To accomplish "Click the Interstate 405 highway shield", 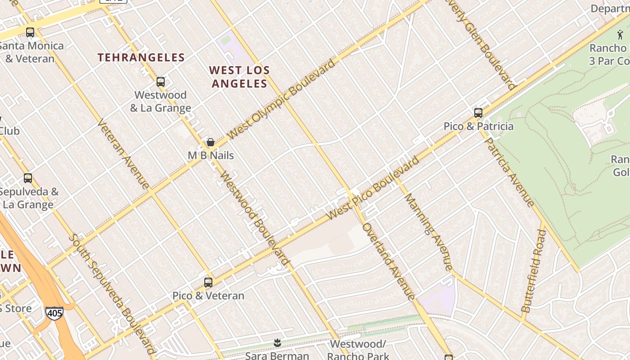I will coord(54,313).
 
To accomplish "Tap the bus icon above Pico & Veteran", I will coord(208,283).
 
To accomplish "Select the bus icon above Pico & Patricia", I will coord(478,112).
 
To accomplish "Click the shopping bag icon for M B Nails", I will coord(210,143).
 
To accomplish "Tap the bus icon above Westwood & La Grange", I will coord(161,82).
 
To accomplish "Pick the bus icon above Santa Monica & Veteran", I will coord(30,32).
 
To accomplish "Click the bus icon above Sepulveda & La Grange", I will coord(28,178).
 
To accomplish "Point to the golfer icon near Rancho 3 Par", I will coord(620,34).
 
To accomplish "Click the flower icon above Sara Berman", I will coord(277,343).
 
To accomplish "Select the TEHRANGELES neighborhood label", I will coord(141,58).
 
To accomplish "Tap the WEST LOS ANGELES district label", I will coord(239,77).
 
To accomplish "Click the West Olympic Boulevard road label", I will coord(282,99).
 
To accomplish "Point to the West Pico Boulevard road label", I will coord(373,188).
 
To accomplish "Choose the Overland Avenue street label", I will coord(389,261).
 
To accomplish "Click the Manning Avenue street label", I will coord(428,232).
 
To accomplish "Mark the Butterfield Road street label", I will coord(534,271).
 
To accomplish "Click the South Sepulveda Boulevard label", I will coord(112,294).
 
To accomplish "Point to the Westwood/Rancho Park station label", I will coord(358,350).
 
